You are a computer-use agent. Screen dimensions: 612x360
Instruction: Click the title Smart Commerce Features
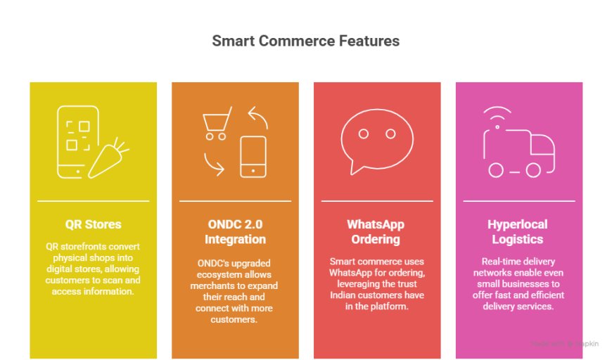pyautogui.click(x=305, y=41)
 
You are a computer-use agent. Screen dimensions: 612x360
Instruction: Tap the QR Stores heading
pyautogui.click(x=94, y=224)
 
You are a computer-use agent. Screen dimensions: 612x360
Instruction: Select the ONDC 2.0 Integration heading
pyautogui.click(x=236, y=231)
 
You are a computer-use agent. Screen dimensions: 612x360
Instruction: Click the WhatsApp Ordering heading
pyautogui.click(x=376, y=231)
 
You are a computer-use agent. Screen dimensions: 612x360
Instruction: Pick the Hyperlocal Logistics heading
pyautogui.click(x=518, y=231)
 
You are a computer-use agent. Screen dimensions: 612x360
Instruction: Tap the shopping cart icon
pyautogui.click(x=217, y=123)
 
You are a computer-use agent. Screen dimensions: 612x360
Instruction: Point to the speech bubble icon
pyautogui.click(x=376, y=141)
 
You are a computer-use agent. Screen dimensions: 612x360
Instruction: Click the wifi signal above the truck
pyautogui.click(x=497, y=112)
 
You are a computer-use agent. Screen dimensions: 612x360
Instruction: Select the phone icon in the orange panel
pyautogui.click(x=253, y=157)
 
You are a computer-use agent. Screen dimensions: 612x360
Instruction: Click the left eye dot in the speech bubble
pyautogui.click(x=364, y=134)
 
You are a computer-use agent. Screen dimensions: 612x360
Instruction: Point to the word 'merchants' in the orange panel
pyautogui.click(x=210, y=285)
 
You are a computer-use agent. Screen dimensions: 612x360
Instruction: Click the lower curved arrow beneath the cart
pyautogui.click(x=213, y=166)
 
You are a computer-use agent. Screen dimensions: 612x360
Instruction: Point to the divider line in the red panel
pyautogui.click(x=377, y=201)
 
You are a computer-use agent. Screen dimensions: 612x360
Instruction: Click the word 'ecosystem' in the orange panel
pyautogui.click(x=215, y=275)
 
